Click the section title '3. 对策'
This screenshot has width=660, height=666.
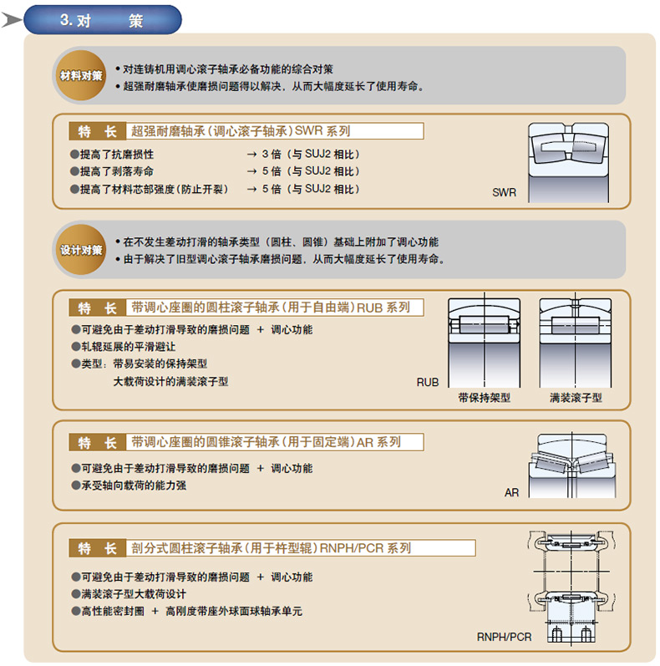(101, 20)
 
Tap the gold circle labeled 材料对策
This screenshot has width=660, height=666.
(81, 75)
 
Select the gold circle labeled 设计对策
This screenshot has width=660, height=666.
(81, 250)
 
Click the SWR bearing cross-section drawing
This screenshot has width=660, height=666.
(568, 162)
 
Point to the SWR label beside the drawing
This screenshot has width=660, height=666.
(504, 192)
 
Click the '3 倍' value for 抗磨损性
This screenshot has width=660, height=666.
(272, 154)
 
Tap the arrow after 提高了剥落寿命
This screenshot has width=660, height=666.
(251, 171)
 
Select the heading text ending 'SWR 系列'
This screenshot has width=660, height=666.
(241, 131)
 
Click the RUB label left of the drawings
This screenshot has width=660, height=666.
(427, 382)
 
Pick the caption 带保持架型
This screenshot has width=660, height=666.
(485, 398)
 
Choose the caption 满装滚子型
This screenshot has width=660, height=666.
(576, 398)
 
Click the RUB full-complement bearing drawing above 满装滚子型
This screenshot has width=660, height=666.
(576, 342)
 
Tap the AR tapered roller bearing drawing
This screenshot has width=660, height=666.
(572, 465)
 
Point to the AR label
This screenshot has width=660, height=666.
(512, 493)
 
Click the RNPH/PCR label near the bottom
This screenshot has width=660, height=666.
(504, 637)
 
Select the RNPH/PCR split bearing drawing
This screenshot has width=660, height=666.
(571, 587)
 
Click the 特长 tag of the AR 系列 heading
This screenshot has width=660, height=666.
(97, 442)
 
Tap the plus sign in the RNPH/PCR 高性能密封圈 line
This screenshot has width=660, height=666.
(155, 611)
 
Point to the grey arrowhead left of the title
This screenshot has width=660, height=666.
(12, 19)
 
